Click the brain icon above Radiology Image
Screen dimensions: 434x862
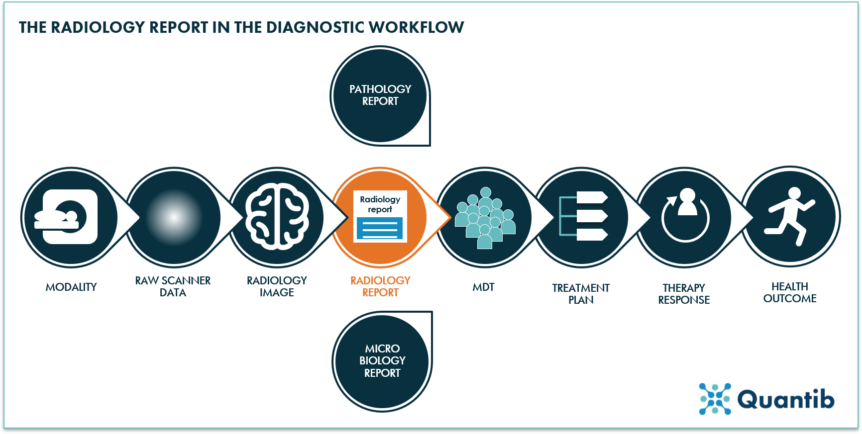coord(277,217)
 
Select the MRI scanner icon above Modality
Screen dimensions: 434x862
coord(70,217)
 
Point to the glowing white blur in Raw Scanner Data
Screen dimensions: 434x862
coord(174,217)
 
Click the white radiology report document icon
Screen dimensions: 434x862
coord(380,216)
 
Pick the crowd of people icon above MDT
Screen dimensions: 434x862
coord(485,218)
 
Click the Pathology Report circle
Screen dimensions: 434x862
coord(380,95)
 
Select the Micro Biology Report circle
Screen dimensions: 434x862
coord(382,361)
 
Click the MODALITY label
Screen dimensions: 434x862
coord(71,287)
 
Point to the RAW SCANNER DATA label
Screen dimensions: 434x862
coord(173,286)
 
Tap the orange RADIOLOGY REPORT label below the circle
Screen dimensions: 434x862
coord(380,286)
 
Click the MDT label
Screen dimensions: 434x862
coord(483,287)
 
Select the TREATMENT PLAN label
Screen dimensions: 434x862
coord(581,294)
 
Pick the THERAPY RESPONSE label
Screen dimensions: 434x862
coord(684,294)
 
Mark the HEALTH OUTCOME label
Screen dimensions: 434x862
coord(790,292)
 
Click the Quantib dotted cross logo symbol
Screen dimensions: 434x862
coord(715,399)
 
